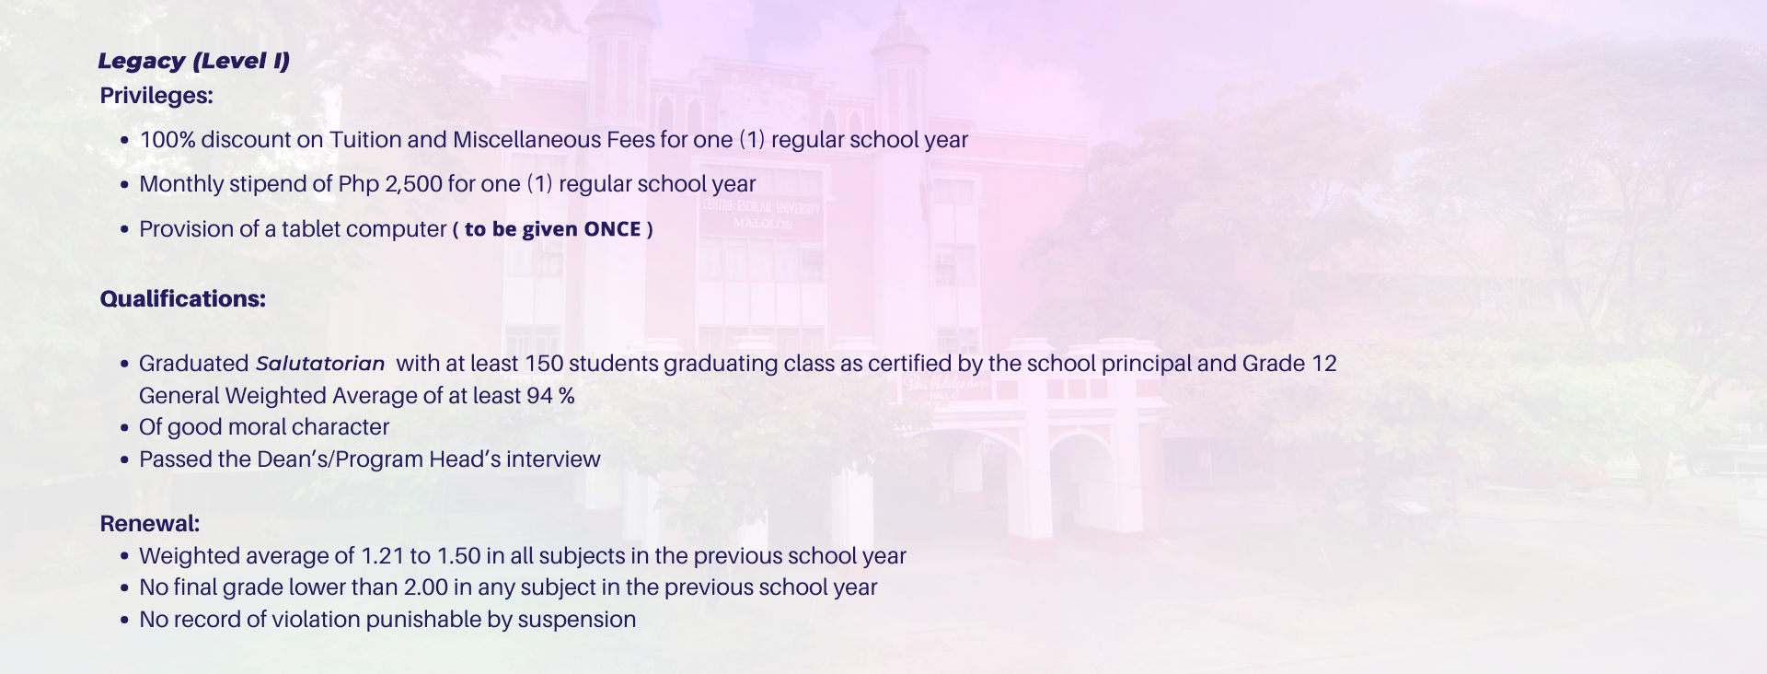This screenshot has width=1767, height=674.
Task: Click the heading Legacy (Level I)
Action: [193, 62]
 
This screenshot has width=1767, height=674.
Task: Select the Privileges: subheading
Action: [156, 96]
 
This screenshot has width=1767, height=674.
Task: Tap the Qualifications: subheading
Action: [183, 299]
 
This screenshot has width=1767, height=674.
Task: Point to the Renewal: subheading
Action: [150, 524]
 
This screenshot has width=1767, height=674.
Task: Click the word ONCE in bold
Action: [613, 229]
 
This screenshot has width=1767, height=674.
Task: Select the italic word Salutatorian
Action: [320, 364]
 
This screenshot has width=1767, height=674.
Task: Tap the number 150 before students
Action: [544, 364]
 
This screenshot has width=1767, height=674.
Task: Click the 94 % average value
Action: [550, 396]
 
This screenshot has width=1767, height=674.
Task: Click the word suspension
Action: [577, 620]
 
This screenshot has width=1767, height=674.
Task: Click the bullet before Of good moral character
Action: [124, 428]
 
